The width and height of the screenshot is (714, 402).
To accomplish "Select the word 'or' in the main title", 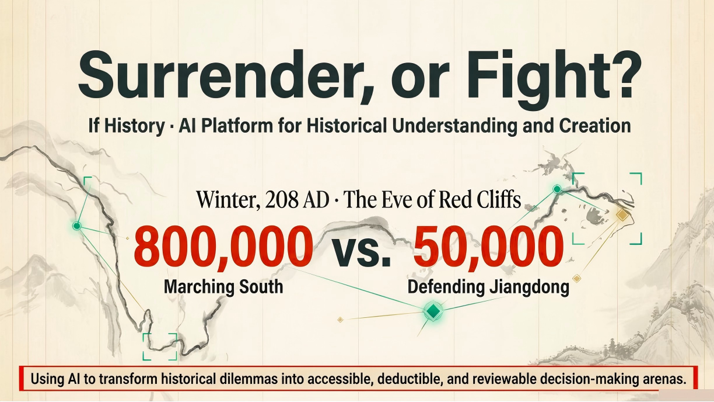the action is click(422, 82).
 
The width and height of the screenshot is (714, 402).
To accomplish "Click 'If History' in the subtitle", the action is click(127, 126).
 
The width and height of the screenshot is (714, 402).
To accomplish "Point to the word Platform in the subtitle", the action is click(237, 125).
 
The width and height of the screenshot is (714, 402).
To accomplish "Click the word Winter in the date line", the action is click(228, 200).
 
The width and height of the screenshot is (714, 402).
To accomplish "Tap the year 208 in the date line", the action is click(281, 200).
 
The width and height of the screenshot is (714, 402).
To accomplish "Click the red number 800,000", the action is click(223, 247).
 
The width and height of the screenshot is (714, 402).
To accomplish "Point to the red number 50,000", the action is click(488, 247).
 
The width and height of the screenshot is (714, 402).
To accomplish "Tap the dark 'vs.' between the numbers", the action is click(362, 251).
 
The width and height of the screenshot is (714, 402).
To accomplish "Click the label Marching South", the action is click(223, 286).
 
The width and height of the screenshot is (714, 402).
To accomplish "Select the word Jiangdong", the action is click(529, 287).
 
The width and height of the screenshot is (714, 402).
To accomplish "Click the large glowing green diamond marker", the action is click(433, 311).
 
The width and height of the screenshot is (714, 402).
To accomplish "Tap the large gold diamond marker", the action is click(622, 214).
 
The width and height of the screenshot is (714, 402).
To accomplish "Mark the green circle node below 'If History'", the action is click(76, 226).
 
